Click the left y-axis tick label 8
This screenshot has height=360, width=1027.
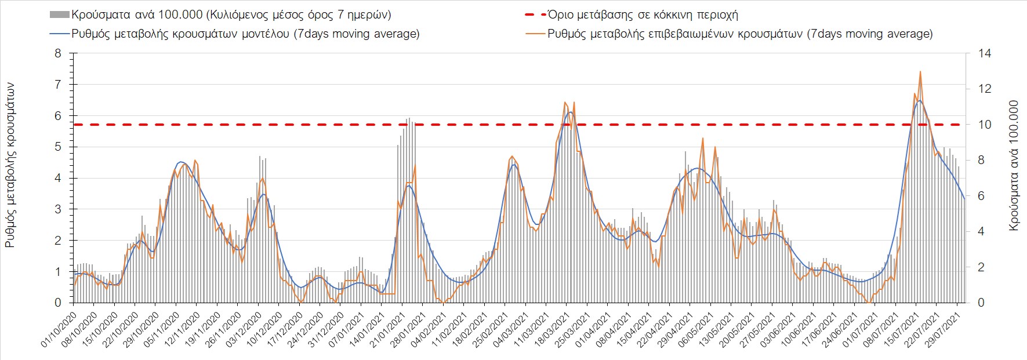tap(57, 53)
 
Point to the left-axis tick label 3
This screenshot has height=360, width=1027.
tap(57, 209)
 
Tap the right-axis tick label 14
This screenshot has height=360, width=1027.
tap(985, 53)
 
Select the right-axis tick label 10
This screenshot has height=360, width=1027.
tap(985, 125)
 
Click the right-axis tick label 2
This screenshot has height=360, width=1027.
tap(982, 267)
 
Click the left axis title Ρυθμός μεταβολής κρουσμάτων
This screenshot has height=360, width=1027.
tap(10, 165)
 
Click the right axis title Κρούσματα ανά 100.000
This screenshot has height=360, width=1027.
tap(1014, 166)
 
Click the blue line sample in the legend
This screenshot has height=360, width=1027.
tap(60, 34)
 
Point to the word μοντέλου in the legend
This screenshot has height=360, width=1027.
tap(266, 34)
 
